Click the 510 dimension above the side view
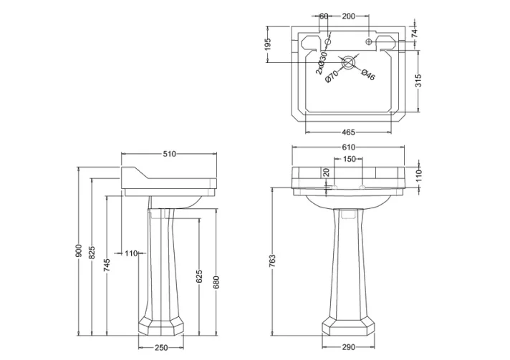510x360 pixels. [x=169, y=154]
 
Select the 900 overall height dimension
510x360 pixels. [x=80, y=251]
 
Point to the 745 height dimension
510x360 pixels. [x=106, y=265]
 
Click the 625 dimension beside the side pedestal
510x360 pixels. [x=200, y=275]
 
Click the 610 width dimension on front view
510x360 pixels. [x=349, y=147]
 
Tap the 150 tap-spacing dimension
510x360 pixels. [x=349, y=159]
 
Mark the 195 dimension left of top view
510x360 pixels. [x=269, y=44]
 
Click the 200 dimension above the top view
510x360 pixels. [x=349, y=15]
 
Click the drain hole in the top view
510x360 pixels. [x=349, y=63]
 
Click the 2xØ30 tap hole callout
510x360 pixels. [x=322, y=61]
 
